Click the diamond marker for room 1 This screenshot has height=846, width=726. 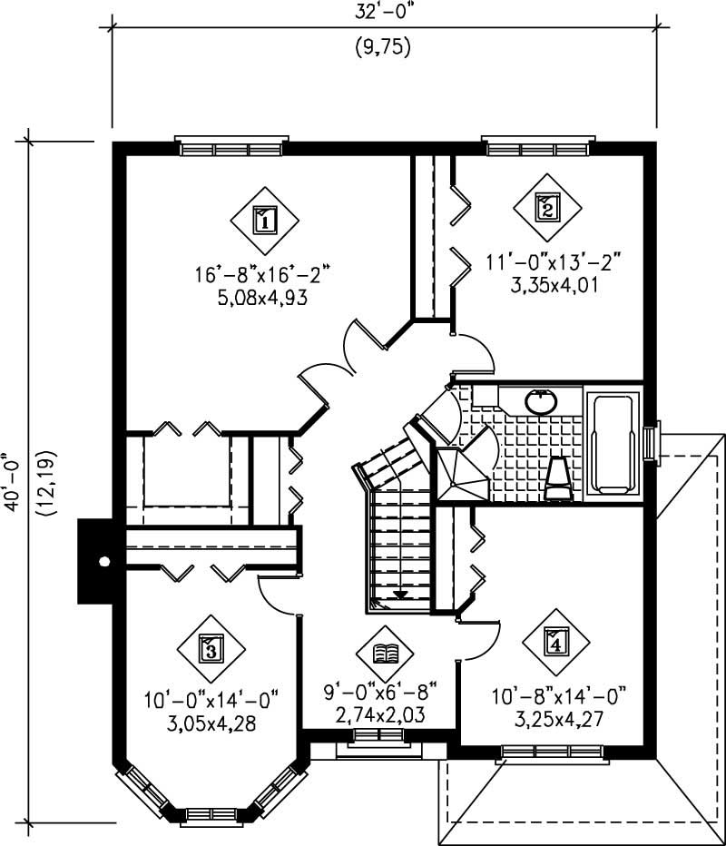tap(264, 219)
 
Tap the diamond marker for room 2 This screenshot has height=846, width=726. tap(546, 207)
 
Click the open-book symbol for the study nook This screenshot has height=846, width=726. tap(386, 653)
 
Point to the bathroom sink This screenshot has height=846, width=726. tap(542, 400)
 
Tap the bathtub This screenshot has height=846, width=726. tap(613, 442)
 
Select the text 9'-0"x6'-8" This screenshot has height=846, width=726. tap(382, 694)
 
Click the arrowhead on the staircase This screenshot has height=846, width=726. tap(398, 595)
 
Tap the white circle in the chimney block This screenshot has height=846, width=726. tap(104, 561)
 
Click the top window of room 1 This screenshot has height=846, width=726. tap(231, 147)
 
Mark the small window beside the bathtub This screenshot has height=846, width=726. tap(652, 442)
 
